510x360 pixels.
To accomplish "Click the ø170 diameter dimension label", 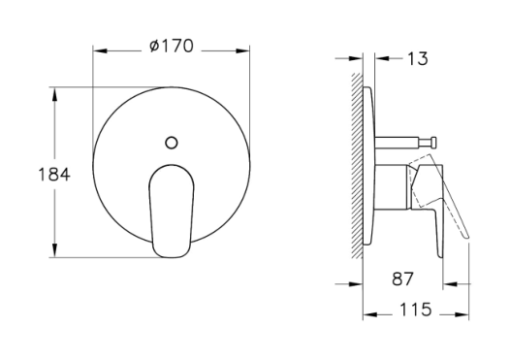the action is (x=172, y=46).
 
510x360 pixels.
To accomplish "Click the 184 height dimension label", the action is (x=54, y=175).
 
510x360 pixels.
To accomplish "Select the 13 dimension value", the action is (x=418, y=59).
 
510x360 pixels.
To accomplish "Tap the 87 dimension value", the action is (x=402, y=278).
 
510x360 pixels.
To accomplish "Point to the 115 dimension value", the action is (x=415, y=310).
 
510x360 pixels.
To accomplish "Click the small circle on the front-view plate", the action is (x=172, y=143).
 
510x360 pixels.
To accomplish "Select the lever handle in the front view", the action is (x=172, y=211).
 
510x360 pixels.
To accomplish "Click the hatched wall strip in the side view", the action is (x=357, y=166).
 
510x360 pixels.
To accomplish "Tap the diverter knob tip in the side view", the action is (x=433, y=143).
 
